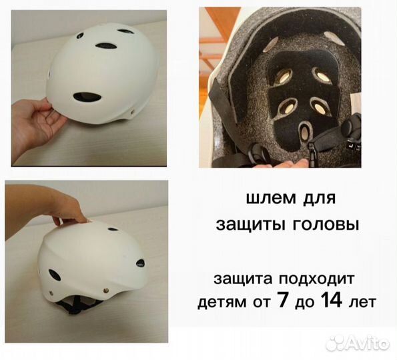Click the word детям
pos(220,302)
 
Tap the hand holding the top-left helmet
pos(33,120)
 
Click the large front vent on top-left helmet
pos(87,97)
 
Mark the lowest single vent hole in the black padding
pos(306,132)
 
